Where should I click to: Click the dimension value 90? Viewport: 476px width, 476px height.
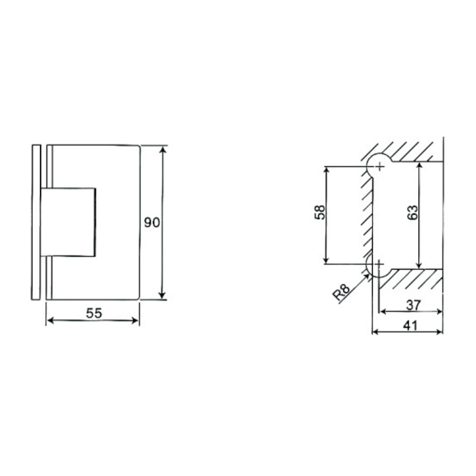tap(152, 223)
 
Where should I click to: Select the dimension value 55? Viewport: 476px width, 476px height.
tap(94, 313)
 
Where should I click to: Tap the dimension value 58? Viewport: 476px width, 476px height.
tap(320, 212)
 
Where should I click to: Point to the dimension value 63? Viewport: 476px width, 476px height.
tap(412, 212)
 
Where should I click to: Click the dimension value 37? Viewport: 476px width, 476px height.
tap(413, 305)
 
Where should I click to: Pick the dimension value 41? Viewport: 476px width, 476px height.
tap(411, 325)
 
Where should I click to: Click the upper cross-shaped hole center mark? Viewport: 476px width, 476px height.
tap(380, 167)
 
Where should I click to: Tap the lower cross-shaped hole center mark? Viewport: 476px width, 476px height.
tap(379, 264)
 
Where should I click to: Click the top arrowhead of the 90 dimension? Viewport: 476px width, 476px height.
tap(163, 150)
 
